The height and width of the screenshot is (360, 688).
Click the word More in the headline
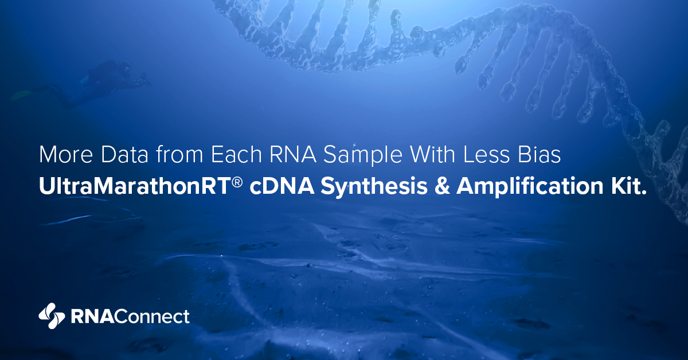66,154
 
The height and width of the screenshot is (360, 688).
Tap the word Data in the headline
125,154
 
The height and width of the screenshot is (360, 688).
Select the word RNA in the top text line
293,154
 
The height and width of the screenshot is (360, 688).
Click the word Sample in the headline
363,156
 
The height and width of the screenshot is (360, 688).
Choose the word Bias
540,154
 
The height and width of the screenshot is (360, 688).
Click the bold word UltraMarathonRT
135,186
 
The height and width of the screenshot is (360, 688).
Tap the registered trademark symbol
237,182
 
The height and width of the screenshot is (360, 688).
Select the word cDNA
282,186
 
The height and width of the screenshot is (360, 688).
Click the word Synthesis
374,187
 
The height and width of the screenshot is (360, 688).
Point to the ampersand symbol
442,186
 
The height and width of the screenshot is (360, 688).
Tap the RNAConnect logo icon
52,316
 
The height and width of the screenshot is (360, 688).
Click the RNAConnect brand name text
130,316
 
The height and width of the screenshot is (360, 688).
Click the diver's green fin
22,95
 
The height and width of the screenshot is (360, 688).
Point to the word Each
236,154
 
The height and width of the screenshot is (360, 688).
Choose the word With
432,154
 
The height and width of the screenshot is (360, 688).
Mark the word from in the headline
179,154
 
